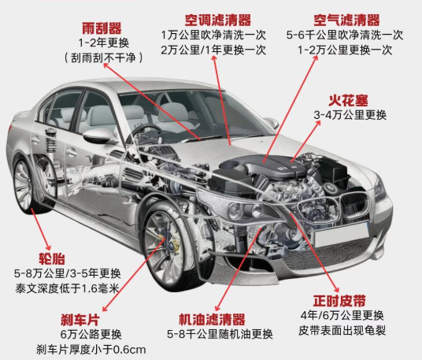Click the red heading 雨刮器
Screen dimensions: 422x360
(102, 28)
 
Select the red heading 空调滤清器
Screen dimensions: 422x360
(218, 20)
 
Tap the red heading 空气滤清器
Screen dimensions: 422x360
(346, 20)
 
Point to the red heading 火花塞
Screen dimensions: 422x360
(348, 100)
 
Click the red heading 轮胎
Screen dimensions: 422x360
(52, 258)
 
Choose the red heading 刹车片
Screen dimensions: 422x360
(80, 320)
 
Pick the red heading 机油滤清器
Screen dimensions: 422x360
(212, 320)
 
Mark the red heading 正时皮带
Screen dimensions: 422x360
(339, 301)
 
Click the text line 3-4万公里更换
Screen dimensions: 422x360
(350, 115)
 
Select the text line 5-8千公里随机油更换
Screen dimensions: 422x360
(220, 334)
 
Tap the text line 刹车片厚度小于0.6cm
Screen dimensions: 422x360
(91, 350)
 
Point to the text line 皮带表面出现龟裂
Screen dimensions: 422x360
(342, 330)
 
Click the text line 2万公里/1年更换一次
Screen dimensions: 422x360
(213, 50)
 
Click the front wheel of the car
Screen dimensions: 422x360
(165, 243)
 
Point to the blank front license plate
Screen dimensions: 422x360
(341, 235)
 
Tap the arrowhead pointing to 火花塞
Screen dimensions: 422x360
(318, 123)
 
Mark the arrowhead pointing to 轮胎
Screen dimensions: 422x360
(48, 247)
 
